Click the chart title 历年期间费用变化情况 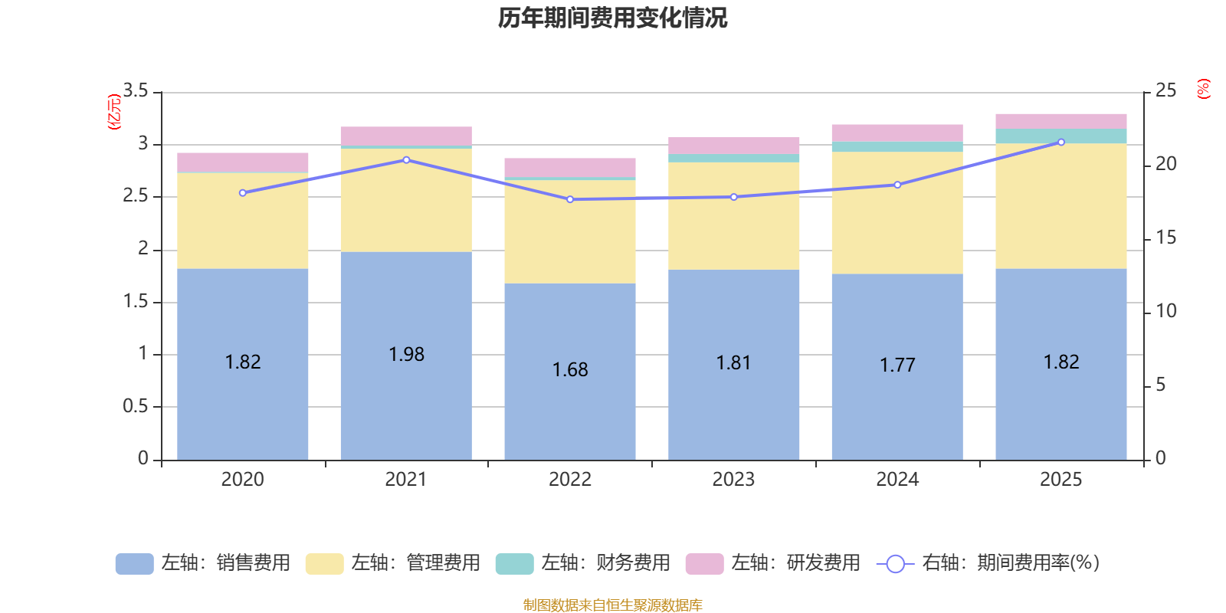click(x=612, y=18)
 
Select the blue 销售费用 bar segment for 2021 click(x=406, y=356)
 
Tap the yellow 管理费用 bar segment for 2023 click(x=733, y=215)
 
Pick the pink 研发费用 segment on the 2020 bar click(x=242, y=162)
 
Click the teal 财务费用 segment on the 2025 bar click(x=1060, y=136)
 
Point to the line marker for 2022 click(x=570, y=199)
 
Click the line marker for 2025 click(x=1060, y=143)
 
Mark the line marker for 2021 click(x=406, y=160)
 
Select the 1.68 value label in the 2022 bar click(x=570, y=370)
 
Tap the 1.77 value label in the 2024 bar click(x=897, y=365)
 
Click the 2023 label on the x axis click(x=733, y=480)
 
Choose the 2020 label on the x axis click(x=242, y=480)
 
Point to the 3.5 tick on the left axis click(x=135, y=90)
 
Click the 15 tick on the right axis click(x=1165, y=238)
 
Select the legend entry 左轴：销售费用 click(x=203, y=563)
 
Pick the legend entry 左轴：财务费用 click(x=583, y=563)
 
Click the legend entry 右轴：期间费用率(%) click(x=988, y=563)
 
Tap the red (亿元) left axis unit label click(x=114, y=112)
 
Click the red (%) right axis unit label click(x=1203, y=89)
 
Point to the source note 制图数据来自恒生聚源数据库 click(x=612, y=605)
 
